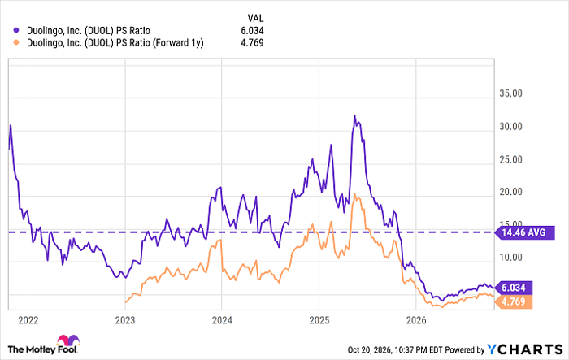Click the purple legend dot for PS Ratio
(16, 31)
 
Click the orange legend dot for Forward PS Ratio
(16, 43)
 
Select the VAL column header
(255, 18)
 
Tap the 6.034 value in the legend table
(252, 31)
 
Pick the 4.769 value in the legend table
(252, 43)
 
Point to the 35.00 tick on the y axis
(510, 93)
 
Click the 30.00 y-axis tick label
(510, 126)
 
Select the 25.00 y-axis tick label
(510, 159)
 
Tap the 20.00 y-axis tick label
(510, 192)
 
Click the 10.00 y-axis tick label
(510, 258)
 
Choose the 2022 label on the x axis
(28, 320)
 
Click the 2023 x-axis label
(125, 320)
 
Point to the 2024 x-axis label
(222, 320)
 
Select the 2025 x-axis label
(319, 320)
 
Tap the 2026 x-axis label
(416, 320)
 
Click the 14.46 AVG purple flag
(525, 232)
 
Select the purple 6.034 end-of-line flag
(514, 288)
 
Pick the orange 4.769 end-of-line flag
(514, 301)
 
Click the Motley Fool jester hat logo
(68, 340)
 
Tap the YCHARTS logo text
(525, 349)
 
